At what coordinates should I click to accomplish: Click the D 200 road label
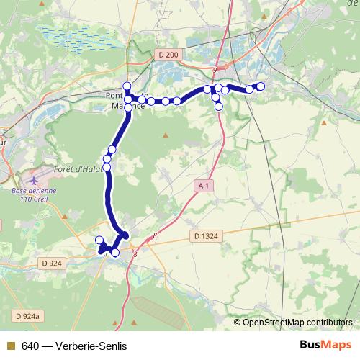168,55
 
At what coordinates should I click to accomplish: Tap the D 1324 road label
206,235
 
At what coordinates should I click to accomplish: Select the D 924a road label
29,315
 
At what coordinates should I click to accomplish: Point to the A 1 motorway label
204,186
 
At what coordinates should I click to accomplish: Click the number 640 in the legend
30,346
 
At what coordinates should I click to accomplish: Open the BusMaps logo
325,345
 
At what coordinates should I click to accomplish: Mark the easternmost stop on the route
261,86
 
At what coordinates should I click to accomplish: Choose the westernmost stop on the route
99,240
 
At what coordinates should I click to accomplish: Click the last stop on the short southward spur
219,107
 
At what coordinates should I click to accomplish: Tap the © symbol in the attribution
238,322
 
